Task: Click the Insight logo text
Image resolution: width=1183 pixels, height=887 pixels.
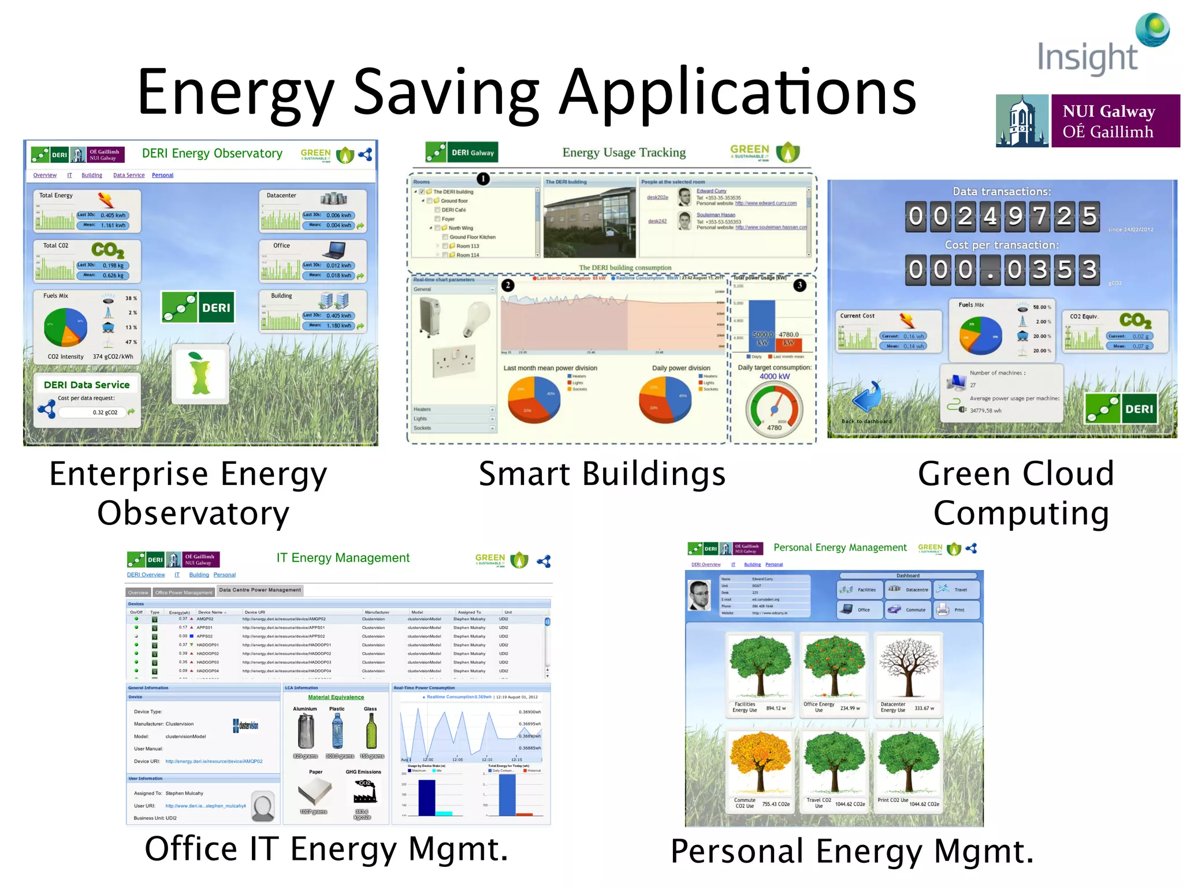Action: (1087, 58)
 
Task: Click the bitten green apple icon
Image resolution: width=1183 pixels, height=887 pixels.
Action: (200, 374)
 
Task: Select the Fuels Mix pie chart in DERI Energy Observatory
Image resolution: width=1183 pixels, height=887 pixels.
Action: (65, 327)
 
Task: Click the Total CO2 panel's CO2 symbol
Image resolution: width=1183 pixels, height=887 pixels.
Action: (107, 250)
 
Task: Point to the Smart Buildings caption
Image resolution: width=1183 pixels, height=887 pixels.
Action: (602, 474)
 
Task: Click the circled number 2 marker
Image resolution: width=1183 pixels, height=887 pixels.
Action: (507, 285)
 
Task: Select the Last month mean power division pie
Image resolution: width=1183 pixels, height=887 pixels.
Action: (534, 400)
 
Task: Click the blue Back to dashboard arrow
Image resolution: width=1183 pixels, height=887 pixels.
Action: (866, 397)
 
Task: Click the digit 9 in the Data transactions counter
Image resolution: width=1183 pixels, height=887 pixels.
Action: (1015, 217)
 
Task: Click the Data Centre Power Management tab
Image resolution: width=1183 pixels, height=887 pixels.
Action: (260, 590)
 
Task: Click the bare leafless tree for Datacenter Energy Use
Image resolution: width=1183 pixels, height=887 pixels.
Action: (907, 668)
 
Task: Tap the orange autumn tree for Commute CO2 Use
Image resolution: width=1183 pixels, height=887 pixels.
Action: (760, 762)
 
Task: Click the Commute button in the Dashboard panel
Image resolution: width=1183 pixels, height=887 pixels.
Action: (908, 610)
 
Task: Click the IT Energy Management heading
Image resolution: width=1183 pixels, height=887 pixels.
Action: (343, 558)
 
